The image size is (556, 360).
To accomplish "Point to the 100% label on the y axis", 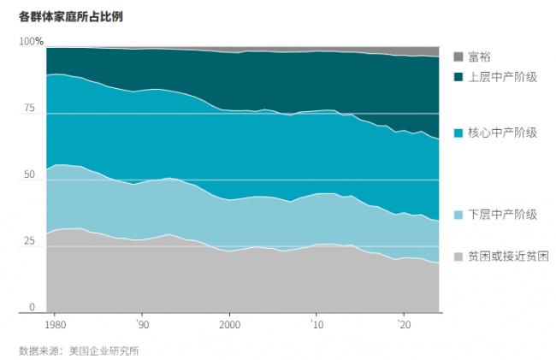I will point(31,42).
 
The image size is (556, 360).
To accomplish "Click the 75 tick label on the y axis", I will point(27,109).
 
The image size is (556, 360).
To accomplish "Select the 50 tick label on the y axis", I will point(27,175).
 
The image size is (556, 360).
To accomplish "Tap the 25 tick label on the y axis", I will point(27,241).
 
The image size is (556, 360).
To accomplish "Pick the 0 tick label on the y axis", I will point(31,308).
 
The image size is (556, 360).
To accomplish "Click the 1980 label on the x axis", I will point(56,325).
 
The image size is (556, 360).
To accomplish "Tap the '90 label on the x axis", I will point(142,325).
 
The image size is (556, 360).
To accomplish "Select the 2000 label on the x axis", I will point(228,325).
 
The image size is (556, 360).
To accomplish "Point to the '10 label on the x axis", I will point(316,325).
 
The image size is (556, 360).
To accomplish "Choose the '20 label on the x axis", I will point(403,325).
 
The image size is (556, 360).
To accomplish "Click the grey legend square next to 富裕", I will point(458,57).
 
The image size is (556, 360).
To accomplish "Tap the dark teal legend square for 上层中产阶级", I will point(458,77).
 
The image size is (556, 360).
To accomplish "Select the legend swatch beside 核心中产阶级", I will point(458,133).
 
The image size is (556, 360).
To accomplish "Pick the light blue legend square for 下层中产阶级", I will point(458,215).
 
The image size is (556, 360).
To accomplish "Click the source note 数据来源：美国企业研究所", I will point(79,350).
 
